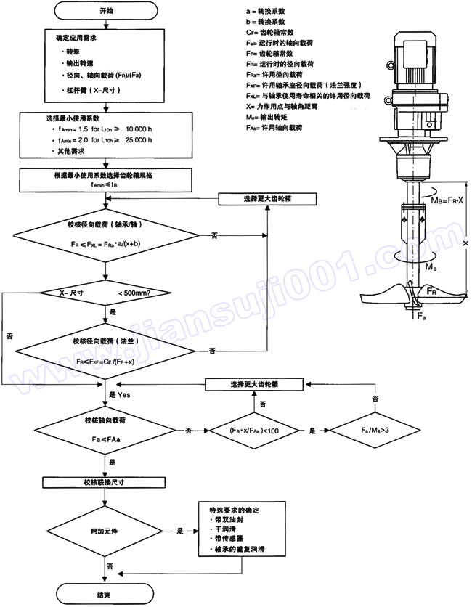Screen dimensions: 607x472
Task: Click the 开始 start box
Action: pyautogui.click(x=106, y=12)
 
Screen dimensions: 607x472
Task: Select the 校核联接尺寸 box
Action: pyautogui.click(x=107, y=482)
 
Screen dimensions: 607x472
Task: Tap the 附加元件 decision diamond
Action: pyautogui.click(x=107, y=531)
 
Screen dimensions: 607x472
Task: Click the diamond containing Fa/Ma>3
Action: pyautogui.click(x=375, y=430)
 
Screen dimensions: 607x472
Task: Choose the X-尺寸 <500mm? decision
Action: pyautogui.click(x=106, y=292)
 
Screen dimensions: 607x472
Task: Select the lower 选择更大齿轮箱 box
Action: pyautogui.click(x=255, y=383)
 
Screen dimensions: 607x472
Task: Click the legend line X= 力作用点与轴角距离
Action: pyautogui.click(x=290, y=105)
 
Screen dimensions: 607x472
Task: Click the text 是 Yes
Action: pyautogui.click(x=120, y=394)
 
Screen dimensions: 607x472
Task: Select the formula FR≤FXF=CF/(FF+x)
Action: pyautogui.click(x=106, y=359)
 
